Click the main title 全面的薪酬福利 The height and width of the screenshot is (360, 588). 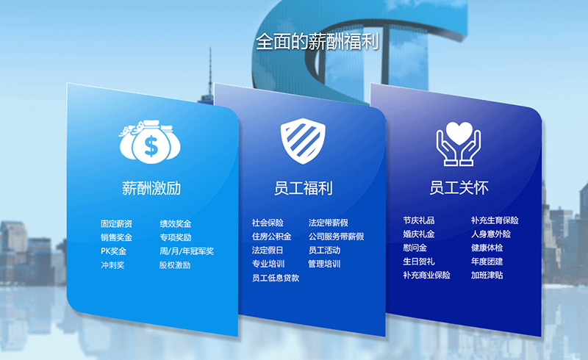(318, 41)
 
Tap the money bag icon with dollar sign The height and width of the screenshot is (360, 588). (150, 142)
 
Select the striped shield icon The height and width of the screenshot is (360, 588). (303, 141)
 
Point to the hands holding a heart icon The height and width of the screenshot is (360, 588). (458, 143)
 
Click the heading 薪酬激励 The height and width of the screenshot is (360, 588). (151, 188)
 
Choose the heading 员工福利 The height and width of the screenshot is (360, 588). (304, 188)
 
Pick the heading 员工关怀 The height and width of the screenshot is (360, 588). (459, 188)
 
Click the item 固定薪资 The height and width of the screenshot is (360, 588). (116, 224)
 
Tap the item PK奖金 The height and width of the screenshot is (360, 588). (114, 251)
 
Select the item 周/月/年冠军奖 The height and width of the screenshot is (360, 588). (187, 251)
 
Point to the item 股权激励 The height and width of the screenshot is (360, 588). (175, 265)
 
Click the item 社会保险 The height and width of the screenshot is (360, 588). (268, 223)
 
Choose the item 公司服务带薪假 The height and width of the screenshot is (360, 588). (337, 237)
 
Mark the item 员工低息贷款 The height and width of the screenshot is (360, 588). (276, 278)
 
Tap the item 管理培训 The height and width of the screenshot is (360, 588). (324, 264)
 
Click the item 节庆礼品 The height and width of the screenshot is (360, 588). (419, 220)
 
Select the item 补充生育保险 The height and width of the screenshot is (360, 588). (495, 220)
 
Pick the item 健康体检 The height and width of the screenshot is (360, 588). (487, 248)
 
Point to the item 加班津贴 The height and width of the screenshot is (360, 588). (487, 276)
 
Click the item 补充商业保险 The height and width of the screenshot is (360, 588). (427, 276)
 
